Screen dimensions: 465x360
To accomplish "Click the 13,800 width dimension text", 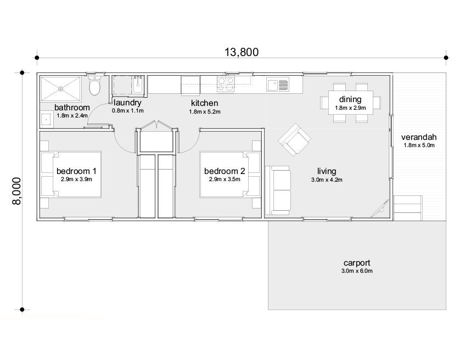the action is tap(242, 52).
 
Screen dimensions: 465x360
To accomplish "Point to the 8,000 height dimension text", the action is tap(16, 191).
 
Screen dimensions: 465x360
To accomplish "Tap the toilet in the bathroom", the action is tap(95, 86).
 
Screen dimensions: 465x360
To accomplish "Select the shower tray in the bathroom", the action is tap(61, 89).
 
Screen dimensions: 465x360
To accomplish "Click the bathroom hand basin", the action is tap(47, 119).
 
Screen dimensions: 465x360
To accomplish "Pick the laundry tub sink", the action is tap(138, 85).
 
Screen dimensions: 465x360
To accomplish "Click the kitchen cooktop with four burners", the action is tap(226, 83).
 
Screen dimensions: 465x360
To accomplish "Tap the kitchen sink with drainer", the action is tap(278, 84).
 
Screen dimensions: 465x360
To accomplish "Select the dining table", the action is tap(350, 103).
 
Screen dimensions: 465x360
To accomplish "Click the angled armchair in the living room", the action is tap(294, 140).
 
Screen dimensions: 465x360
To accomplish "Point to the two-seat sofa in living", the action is tap(278, 190).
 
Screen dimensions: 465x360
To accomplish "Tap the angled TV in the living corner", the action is tap(381, 208).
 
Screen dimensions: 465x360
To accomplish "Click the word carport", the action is tap(357, 263).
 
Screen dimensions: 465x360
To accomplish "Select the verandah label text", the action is tap(419, 137).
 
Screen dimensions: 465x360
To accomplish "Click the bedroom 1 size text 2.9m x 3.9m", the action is tap(76, 179).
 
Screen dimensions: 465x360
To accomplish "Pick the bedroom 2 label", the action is tap(225, 171).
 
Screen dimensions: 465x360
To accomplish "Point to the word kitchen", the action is tap(204, 103).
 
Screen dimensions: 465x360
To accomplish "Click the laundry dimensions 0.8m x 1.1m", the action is tap(127, 111).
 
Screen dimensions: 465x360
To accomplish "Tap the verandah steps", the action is tap(408, 208).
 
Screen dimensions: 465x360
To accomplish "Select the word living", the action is tap(327, 171).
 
